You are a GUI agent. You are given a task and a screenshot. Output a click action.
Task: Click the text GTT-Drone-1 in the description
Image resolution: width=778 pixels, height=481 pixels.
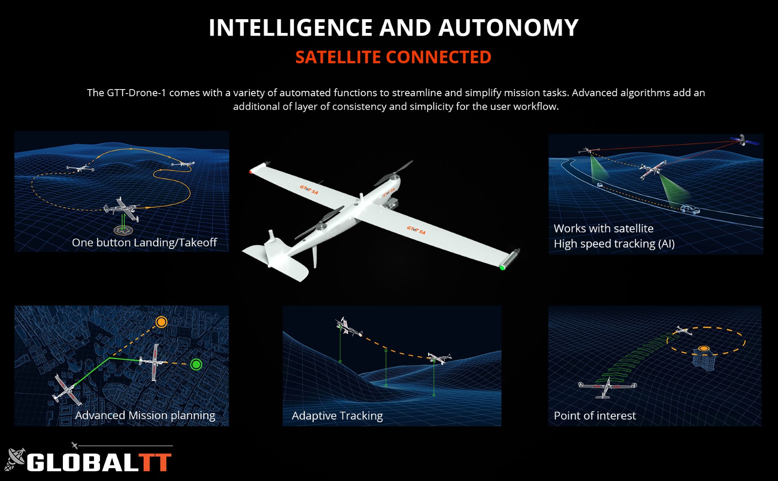click(136, 93)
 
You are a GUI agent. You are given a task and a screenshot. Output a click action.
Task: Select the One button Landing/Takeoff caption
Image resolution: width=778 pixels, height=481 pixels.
click(144, 242)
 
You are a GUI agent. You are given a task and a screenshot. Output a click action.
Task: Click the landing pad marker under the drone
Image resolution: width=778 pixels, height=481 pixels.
click(123, 230)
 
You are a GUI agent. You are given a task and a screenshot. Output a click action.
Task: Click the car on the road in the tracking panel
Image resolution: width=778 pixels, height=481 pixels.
click(690, 209)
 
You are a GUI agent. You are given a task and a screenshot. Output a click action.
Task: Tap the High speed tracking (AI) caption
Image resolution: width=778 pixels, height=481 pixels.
click(614, 244)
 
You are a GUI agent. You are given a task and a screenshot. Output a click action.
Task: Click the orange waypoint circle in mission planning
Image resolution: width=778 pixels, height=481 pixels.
click(161, 322)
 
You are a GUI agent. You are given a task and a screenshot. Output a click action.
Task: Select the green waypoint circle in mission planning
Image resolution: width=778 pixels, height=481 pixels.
click(196, 364)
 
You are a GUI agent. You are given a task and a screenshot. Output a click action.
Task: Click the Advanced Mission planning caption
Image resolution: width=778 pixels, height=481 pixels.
click(145, 415)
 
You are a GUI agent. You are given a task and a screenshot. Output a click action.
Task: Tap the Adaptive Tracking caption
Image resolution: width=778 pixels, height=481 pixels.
click(337, 416)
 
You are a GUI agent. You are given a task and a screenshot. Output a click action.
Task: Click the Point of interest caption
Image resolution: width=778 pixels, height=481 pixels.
click(595, 416)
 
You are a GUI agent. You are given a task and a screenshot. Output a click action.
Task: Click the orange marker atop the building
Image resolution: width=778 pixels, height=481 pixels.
click(704, 348)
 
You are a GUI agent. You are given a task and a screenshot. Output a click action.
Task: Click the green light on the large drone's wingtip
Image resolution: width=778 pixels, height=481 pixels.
click(502, 267)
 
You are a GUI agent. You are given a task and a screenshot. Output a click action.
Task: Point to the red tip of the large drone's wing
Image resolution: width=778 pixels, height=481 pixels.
click(251, 171)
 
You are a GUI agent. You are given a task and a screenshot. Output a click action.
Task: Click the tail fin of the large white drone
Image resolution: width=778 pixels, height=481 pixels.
click(271, 247)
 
